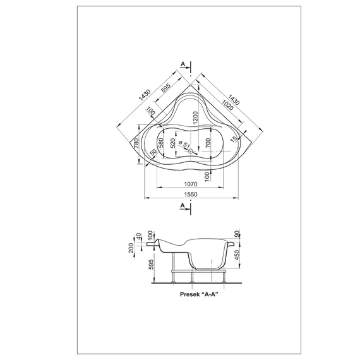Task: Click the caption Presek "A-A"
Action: coord(199,294)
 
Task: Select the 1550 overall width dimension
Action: coord(191,195)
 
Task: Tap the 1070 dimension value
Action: coord(191,184)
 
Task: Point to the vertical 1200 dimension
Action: coord(195,117)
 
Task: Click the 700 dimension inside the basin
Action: coord(208,143)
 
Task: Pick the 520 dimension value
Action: coord(173,143)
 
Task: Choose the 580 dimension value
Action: coord(161,143)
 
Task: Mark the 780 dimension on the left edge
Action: coord(136,143)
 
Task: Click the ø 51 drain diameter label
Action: coord(184,145)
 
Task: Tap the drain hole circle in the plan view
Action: coord(191,151)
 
